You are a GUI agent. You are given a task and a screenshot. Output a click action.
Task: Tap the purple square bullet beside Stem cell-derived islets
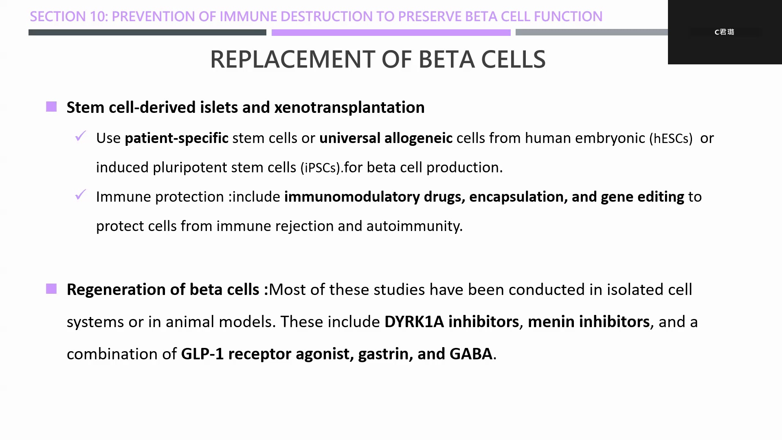click(51, 107)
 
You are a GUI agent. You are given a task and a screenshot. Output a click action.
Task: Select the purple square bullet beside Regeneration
click(51, 289)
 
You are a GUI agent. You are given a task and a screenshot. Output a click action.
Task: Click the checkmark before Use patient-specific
click(81, 136)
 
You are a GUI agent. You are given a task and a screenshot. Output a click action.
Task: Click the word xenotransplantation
click(349, 108)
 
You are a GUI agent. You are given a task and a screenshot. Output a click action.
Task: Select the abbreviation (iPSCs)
click(321, 168)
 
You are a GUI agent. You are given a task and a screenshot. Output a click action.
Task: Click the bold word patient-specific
click(176, 139)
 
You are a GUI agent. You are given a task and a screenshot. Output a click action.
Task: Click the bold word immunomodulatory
click(352, 197)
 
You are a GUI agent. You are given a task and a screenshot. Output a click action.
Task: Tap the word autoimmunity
click(415, 226)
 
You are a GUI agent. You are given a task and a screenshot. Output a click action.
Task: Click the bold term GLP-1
click(202, 354)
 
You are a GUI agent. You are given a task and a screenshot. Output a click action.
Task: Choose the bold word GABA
click(471, 354)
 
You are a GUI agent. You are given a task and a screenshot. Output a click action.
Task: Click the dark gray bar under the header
click(147, 32)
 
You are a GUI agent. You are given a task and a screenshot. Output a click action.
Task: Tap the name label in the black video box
click(724, 32)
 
